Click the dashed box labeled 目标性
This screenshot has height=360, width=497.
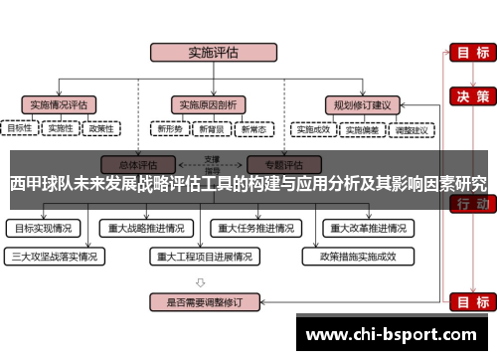19,128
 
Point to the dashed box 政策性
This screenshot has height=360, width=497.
101,128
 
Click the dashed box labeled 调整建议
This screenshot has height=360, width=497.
412,128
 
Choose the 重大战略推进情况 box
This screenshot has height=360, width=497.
147,228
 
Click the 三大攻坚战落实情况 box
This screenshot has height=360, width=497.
55,256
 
